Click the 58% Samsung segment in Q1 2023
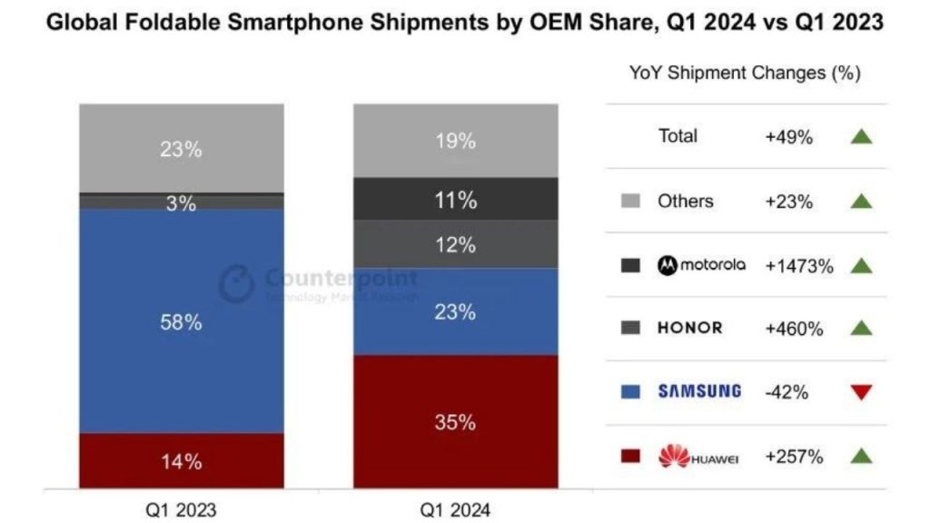pyautogui.click(x=181, y=321)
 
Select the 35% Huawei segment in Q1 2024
pyautogui.click(x=455, y=421)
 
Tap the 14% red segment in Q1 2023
pyautogui.click(x=181, y=461)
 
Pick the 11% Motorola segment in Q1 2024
pyautogui.click(x=455, y=200)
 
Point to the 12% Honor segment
pyautogui.click(x=455, y=244)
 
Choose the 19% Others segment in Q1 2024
pyautogui.click(x=455, y=141)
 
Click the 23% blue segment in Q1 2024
pyautogui.click(x=455, y=311)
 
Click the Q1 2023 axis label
pyautogui.click(x=181, y=509)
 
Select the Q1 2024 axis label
pyautogui.click(x=455, y=509)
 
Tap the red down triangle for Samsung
pyautogui.click(x=861, y=392)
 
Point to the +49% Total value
pyautogui.click(x=788, y=137)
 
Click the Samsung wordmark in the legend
pyautogui.click(x=698, y=392)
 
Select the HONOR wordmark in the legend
pyautogui.click(x=689, y=329)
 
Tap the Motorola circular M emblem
pyautogui.click(x=668, y=265)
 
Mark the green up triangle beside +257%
pyautogui.click(x=861, y=457)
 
